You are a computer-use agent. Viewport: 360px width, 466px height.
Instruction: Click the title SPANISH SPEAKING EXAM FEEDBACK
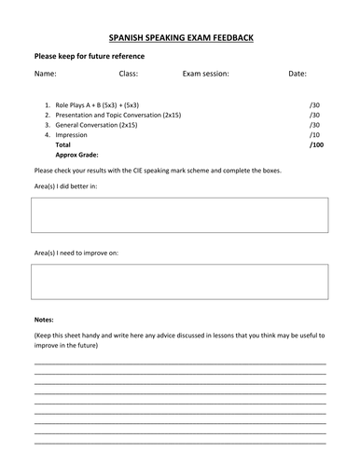180,37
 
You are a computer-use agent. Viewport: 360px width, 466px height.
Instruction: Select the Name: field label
46,74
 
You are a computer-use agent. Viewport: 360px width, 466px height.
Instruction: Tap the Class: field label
129,74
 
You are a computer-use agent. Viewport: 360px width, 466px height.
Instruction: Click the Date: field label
298,74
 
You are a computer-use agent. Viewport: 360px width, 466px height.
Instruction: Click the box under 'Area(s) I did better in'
179,215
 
